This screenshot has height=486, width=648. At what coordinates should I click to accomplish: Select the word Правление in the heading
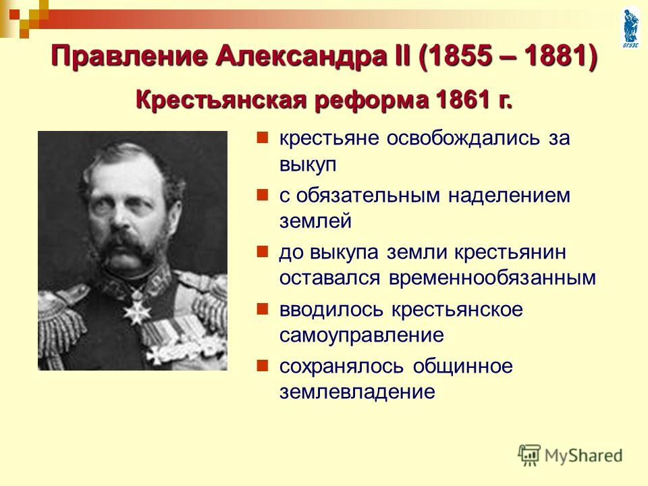(x=128, y=57)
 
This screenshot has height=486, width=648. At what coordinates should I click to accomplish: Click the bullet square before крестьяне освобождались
(x=263, y=138)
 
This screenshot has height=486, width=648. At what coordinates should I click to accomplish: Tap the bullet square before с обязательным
(x=263, y=194)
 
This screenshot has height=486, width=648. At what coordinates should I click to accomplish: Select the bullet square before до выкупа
(x=263, y=252)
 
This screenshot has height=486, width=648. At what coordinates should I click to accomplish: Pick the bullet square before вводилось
(x=263, y=308)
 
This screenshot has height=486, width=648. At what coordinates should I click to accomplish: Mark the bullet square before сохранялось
(x=263, y=366)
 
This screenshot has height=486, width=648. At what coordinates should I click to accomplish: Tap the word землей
(x=316, y=221)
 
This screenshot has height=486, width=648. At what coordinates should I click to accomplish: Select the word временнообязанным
(x=492, y=277)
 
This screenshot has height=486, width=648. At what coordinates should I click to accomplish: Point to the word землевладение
(x=358, y=391)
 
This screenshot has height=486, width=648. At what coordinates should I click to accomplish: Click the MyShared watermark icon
(x=529, y=455)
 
